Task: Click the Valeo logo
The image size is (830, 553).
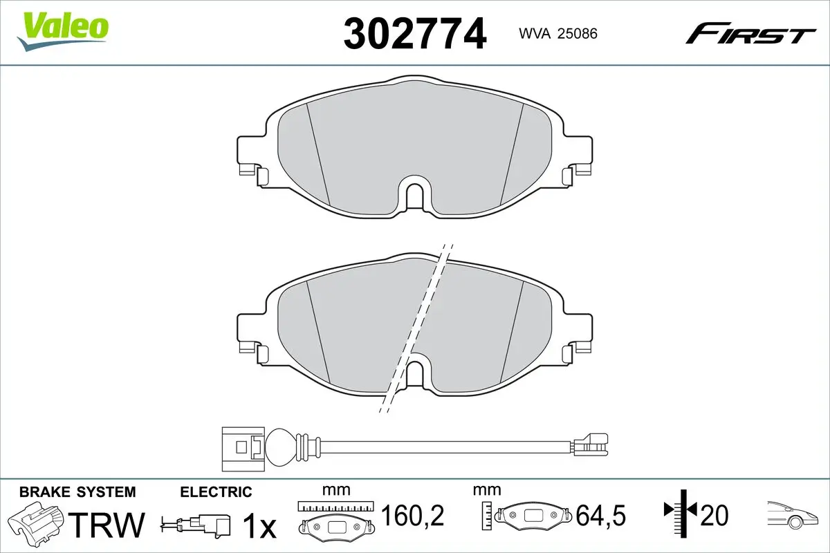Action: click(63, 32)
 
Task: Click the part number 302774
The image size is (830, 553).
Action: click(414, 34)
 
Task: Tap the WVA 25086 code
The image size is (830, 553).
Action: click(558, 34)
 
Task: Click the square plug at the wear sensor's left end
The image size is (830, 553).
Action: click(243, 449)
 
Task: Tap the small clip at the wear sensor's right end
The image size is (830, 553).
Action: click(589, 444)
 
